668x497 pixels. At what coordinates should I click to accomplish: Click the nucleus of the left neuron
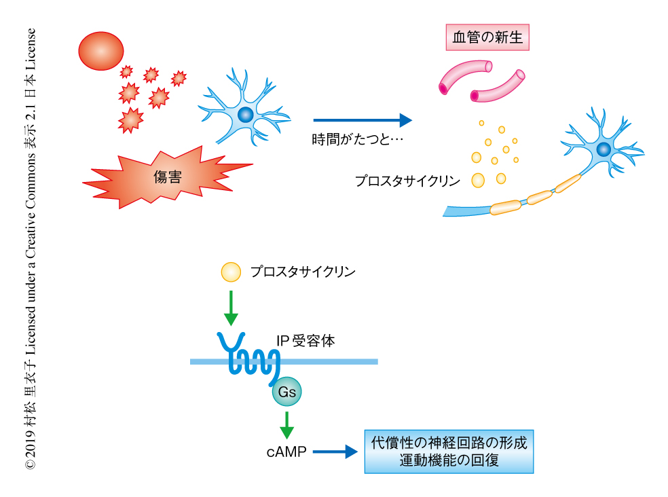[246, 114]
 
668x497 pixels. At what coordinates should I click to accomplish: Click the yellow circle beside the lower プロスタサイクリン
[231, 272]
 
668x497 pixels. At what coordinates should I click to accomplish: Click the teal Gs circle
[286, 392]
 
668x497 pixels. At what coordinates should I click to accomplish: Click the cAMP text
[286, 451]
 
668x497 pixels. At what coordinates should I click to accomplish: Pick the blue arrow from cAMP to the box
[335, 451]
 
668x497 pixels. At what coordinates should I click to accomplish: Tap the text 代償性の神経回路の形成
[449, 443]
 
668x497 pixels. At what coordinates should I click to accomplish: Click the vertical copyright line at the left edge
[31, 248]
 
